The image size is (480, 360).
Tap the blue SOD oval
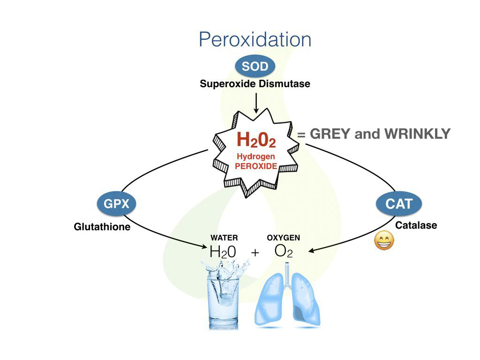click(x=255, y=67)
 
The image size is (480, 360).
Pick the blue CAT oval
click(x=399, y=204)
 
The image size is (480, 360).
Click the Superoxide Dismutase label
click(x=255, y=84)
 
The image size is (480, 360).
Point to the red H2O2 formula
click(x=255, y=140)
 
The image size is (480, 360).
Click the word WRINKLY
click(x=417, y=135)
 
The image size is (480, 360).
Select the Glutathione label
click(x=102, y=227)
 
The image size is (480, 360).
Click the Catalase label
click(x=416, y=225)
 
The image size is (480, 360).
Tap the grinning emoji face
click(x=384, y=241)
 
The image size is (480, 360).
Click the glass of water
click(x=224, y=298)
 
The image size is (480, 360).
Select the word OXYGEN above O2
click(x=284, y=238)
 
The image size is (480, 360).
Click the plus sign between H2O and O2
click(x=255, y=252)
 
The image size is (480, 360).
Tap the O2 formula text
click(x=284, y=251)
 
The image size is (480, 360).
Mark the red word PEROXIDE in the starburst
click(x=256, y=166)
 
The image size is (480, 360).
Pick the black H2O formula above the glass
click(x=223, y=252)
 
